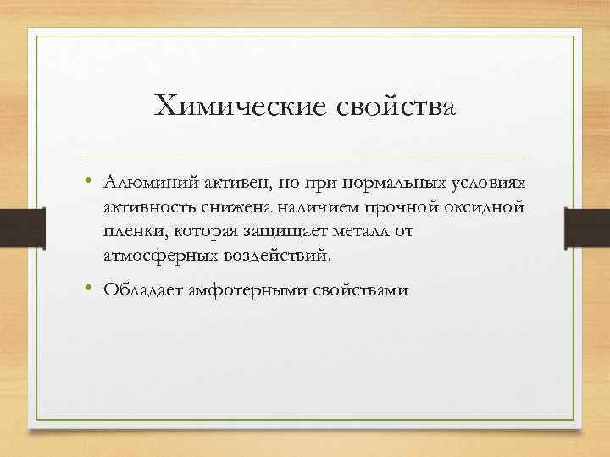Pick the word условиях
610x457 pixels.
pyautogui.click(x=489, y=184)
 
